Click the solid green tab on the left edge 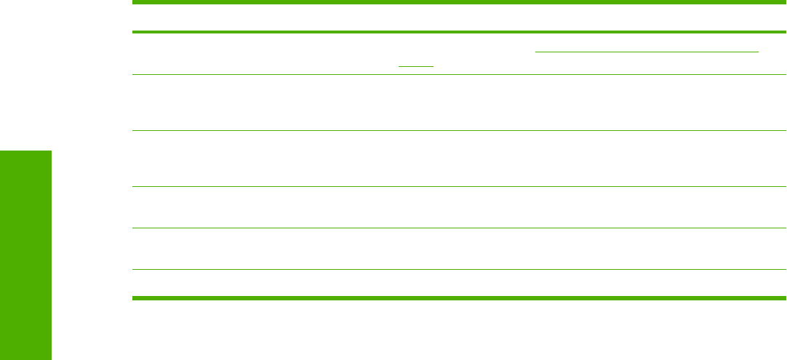(x=25, y=255)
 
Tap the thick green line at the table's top (x=458, y=4)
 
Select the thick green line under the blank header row (x=458, y=32)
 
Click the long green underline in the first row (x=647, y=52)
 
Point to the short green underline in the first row (x=415, y=66)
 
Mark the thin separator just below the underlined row (x=458, y=74)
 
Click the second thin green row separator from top (x=458, y=131)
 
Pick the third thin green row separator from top (x=458, y=187)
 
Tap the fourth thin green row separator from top (x=458, y=228)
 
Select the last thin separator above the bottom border (x=458, y=270)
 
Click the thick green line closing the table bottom (x=458, y=297)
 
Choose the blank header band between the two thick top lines (x=458, y=18)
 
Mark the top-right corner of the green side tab (x=51, y=151)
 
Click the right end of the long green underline (x=757, y=52)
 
